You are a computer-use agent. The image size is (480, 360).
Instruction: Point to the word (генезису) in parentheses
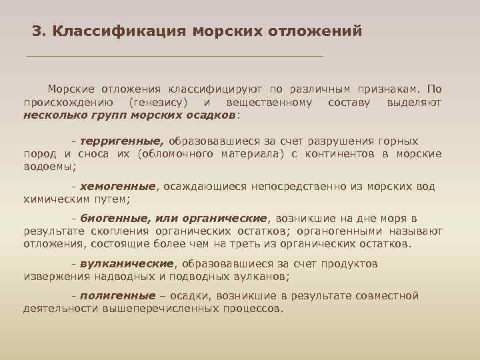tap(159, 102)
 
